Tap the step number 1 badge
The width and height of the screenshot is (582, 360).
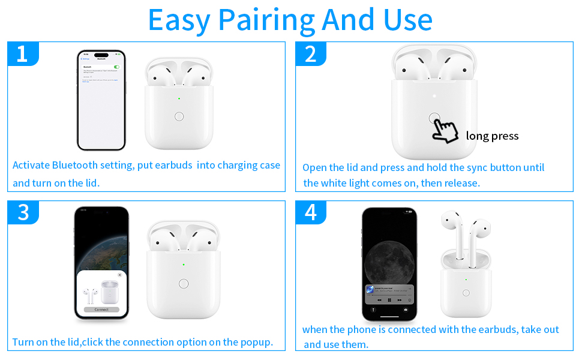tap(22, 54)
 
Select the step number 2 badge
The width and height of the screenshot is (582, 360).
tap(310, 54)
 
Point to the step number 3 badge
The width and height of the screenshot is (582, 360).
tap(23, 212)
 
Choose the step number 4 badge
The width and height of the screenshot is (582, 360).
tap(310, 212)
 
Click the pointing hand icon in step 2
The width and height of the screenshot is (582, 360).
tap(444, 130)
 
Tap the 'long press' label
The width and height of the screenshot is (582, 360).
tap(492, 136)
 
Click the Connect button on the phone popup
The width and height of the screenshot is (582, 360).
tap(101, 310)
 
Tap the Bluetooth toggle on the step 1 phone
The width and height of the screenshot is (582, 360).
tap(116, 67)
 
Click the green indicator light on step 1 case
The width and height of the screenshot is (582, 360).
tap(179, 99)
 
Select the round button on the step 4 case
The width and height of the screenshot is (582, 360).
tap(466, 292)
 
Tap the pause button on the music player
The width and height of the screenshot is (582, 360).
tap(389, 299)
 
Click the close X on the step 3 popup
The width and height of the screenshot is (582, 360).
tap(119, 275)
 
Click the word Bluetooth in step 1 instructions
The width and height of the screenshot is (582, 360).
tap(74, 165)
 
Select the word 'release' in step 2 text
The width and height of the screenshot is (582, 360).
tap(461, 183)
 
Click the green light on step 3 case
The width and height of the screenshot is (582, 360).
tap(184, 264)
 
